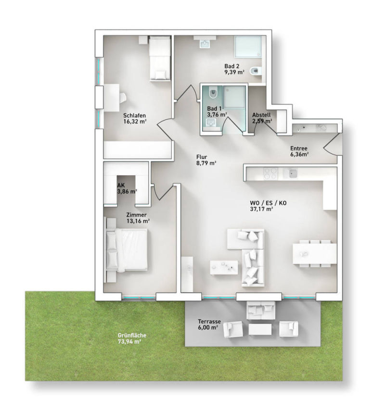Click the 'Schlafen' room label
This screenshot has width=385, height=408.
pos(134,115)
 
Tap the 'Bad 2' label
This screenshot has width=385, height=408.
pos(232,66)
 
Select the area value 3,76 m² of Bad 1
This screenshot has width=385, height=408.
pos(217,115)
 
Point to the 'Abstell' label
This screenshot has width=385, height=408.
pos(261,115)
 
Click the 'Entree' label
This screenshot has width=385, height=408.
pos(298,148)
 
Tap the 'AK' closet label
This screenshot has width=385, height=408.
pos(121,185)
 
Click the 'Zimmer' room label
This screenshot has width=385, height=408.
pos(137,215)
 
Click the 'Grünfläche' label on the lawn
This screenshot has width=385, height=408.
pos(132,335)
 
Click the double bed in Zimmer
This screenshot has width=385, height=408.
pos(128,249)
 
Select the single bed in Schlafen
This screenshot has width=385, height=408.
pos(159,59)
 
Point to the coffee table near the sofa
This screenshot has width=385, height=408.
pos(224,267)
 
